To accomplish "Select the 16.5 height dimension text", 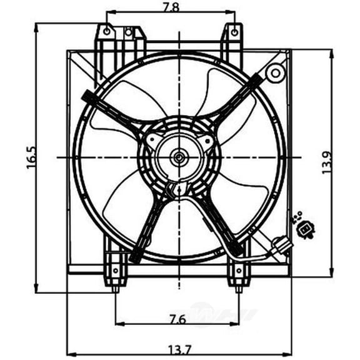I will (31, 157).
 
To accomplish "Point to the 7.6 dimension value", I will (178, 318).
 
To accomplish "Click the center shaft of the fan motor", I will (179, 157).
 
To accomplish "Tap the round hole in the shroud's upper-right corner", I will (274, 74).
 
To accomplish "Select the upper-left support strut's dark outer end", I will (87, 96).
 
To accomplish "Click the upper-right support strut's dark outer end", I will (256, 79).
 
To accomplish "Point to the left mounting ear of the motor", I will (151, 142).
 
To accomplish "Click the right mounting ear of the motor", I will (206, 142).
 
